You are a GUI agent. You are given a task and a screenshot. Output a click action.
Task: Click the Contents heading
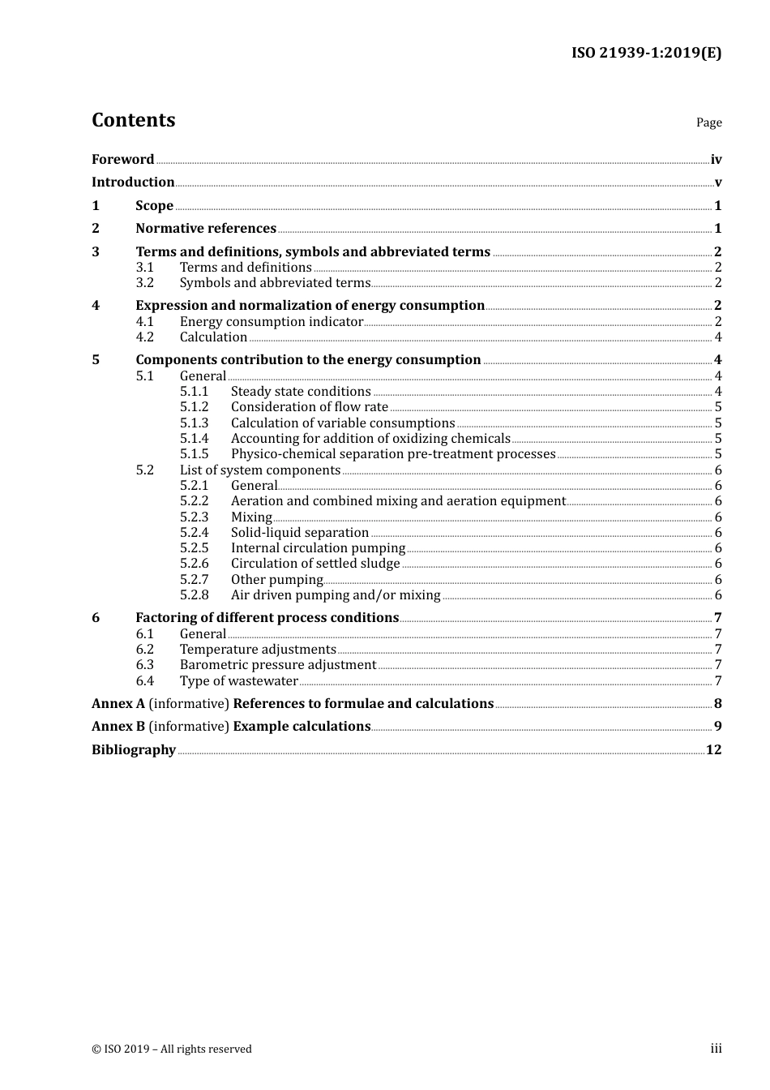tap(133, 120)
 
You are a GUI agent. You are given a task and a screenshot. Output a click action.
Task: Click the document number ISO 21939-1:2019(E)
tap(646, 54)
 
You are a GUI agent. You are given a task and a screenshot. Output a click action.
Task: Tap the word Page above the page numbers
tap(708, 122)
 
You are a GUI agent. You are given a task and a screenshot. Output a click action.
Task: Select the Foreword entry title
tap(122, 160)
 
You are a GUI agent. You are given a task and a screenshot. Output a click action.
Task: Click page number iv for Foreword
tap(716, 160)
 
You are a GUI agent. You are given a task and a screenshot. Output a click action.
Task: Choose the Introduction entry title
tap(133, 182)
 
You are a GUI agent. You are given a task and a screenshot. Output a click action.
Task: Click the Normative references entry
tap(206, 229)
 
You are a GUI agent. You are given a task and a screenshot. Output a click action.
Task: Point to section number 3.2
tap(144, 283)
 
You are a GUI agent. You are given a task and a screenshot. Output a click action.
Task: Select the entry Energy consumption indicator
tap(271, 322)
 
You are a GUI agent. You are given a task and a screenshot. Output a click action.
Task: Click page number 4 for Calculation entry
tap(718, 337)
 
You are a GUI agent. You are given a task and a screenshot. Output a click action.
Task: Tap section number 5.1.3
tap(194, 423)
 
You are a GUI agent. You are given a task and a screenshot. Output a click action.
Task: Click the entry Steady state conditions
tap(301, 392)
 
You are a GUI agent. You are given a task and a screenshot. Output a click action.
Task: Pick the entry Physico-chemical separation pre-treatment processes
tap(393, 454)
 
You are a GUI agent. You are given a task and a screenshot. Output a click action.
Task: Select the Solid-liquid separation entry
tap(300, 533)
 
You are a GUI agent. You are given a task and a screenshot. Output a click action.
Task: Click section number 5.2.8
tap(194, 595)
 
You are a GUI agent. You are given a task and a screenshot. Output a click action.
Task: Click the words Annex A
tap(118, 704)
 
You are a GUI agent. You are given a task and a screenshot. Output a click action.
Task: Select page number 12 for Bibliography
tap(713, 750)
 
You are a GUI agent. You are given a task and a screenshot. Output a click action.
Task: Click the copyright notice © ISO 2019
tap(171, 1049)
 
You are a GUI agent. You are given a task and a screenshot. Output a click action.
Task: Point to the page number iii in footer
tap(716, 1049)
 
